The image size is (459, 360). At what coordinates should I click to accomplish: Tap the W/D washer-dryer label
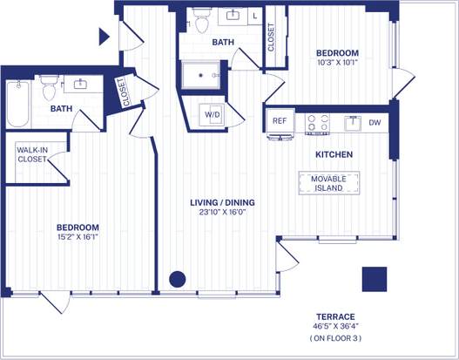point(213,114)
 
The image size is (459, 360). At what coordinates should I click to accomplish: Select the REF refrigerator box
point(280,121)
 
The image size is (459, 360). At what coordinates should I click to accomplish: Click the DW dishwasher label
point(375,123)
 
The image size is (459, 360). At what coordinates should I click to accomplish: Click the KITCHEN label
point(334,154)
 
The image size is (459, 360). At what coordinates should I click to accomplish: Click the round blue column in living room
point(177,279)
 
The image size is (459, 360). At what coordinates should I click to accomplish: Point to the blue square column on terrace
point(375,279)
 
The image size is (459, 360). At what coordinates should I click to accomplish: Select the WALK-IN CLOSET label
point(32,154)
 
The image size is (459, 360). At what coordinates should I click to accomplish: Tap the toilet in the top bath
point(202,17)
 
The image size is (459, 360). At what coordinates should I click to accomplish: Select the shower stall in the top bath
point(202,75)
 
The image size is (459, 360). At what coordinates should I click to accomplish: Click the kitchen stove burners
point(318,123)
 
